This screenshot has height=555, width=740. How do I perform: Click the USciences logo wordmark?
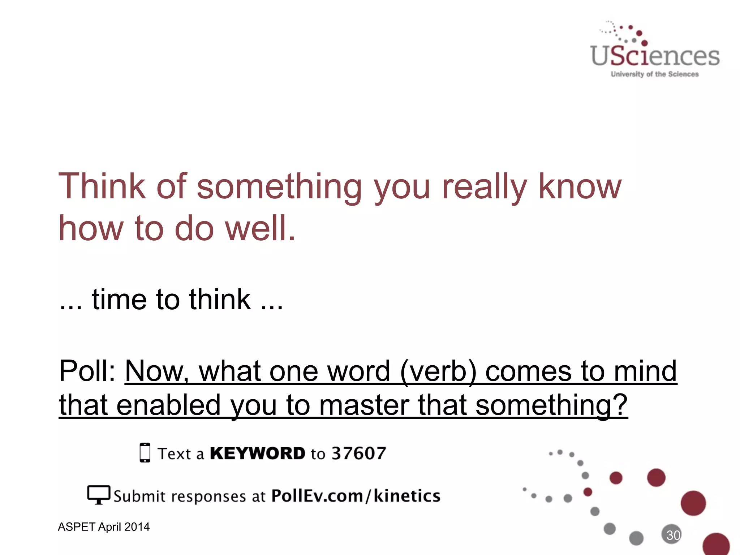(655, 56)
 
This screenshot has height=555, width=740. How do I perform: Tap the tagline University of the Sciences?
(655, 74)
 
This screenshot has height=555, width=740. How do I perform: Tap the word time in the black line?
(119, 300)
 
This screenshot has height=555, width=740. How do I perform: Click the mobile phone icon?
(145, 452)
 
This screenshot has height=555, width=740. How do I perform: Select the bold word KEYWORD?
(258, 453)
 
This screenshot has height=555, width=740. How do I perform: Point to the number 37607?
(359, 453)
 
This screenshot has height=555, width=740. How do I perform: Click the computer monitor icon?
(98, 495)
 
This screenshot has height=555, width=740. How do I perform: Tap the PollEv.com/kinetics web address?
(356, 496)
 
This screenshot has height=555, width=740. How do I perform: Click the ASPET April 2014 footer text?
(104, 527)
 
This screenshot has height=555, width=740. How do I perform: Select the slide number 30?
(673, 535)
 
